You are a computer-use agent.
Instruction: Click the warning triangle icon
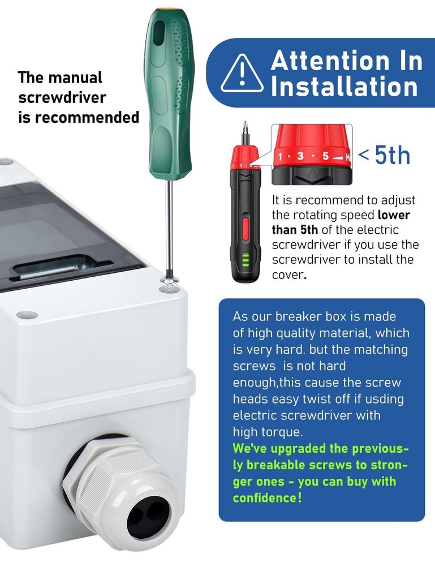[242, 74]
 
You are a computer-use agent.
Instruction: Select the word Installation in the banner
[344, 87]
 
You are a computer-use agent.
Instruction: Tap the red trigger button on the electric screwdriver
[246, 229]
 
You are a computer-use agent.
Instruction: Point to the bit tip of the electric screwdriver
[246, 127]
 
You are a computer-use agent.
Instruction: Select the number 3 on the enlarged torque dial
[300, 156]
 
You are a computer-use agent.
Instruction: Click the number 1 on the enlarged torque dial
[281, 157]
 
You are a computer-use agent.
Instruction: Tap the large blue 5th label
[393, 155]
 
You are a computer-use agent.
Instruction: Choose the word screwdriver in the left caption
[62, 97]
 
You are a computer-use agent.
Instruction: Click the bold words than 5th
[295, 230]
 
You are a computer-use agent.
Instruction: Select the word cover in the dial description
[288, 275]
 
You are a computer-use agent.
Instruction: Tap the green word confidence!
[267, 498]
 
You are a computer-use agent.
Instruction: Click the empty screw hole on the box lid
[27, 315]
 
